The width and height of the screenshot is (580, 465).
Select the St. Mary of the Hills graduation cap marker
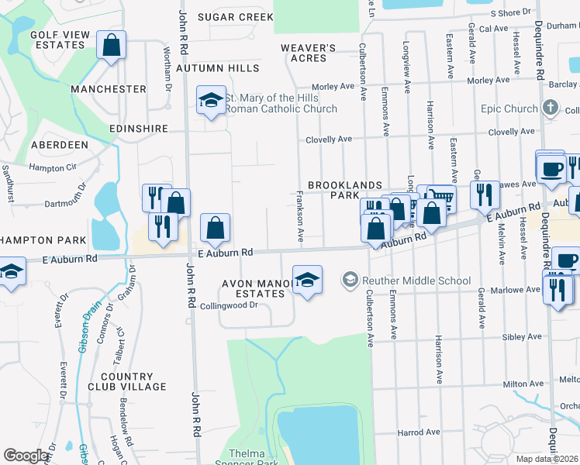(x=210, y=102)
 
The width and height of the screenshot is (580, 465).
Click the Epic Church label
(x=509, y=108)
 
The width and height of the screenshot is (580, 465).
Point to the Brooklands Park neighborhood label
(x=345, y=191)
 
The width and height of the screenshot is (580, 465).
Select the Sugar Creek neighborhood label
(x=235, y=16)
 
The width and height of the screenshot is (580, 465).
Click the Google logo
(x=26, y=456)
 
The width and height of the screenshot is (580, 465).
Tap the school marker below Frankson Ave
(x=307, y=281)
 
